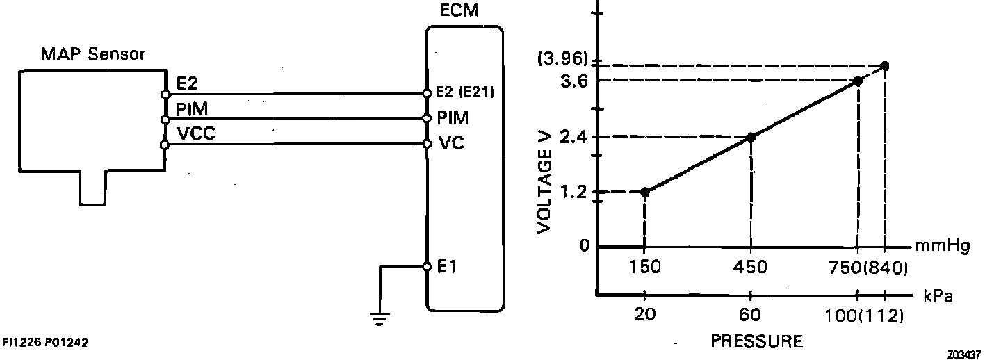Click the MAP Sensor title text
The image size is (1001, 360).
point(92,54)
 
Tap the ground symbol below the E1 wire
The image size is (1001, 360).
point(380,319)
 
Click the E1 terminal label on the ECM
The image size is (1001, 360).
point(447,267)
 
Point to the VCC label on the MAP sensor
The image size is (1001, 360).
point(196,135)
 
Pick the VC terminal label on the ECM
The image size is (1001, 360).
point(451,145)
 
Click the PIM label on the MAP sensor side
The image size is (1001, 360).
point(193,110)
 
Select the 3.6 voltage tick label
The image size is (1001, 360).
point(573,81)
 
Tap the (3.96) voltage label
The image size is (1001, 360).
point(562,58)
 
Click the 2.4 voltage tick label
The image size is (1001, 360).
point(573,137)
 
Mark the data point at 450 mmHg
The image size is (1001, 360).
point(751,137)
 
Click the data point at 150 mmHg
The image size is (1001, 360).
point(645,192)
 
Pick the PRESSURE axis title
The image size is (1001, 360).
point(756,342)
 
